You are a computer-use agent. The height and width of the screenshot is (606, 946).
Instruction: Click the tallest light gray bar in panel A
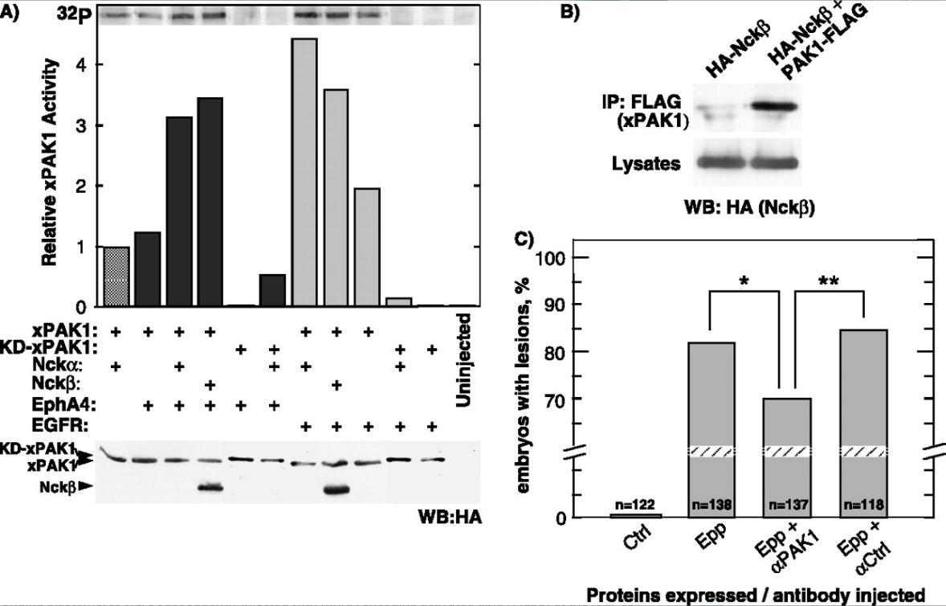click(x=305, y=172)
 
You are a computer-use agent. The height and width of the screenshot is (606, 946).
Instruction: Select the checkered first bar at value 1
click(x=117, y=277)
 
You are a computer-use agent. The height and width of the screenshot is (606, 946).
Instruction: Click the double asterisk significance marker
click(x=829, y=280)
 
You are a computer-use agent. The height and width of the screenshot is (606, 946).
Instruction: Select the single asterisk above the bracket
click(x=745, y=281)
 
